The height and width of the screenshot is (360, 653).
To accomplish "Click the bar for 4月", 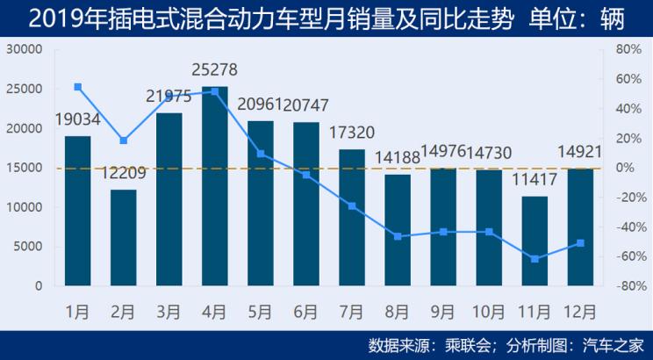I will pyautogui.click(x=215, y=186).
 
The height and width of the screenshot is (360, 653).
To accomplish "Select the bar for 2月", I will pyautogui.click(x=124, y=237).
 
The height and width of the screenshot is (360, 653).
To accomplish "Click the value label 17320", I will pyautogui.click(x=352, y=133).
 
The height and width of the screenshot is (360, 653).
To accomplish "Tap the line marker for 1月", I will pyautogui.click(x=78, y=87).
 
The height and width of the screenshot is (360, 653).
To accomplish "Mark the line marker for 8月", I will pyautogui.click(x=398, y=236).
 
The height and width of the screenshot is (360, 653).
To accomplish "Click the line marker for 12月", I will pyautogui.click(x=580, y=243).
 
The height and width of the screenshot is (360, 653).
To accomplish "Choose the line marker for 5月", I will pyautogui.click(x=261, y=154).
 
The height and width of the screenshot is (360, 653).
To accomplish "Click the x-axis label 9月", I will pyautogui.click(x=443, y=310).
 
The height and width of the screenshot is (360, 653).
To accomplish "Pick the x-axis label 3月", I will pyautogui.click(x=169, y=310).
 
